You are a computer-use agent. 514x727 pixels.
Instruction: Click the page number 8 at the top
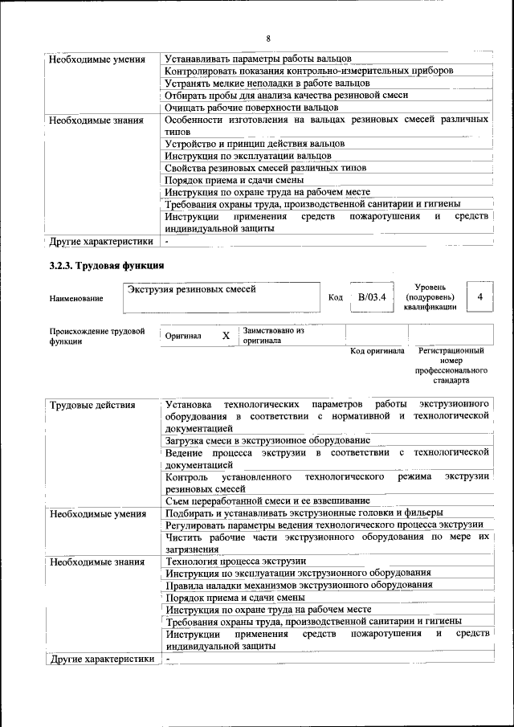pos(268,39)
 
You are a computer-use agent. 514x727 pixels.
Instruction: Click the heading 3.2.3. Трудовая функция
pos(107,265)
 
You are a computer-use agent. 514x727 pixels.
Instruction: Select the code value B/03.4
pos(372,297)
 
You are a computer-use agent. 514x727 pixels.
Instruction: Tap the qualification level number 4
pos(479,297)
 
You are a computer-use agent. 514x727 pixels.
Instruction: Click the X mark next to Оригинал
pos(226,336)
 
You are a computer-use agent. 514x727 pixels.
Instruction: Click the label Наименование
pos(76,299)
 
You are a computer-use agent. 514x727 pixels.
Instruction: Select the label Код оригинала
pos(377,351)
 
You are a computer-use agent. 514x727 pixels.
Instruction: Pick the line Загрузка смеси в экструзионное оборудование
pos(267,440)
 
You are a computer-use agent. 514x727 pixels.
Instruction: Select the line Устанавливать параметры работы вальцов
pos(258,59)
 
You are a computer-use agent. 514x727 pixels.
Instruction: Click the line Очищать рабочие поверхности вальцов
pos(251,107)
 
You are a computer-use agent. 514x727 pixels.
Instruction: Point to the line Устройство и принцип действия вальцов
pos(255,143)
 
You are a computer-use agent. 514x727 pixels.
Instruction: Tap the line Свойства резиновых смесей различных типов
pos(265,167)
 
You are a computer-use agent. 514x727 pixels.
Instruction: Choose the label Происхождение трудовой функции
pos(97,336)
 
